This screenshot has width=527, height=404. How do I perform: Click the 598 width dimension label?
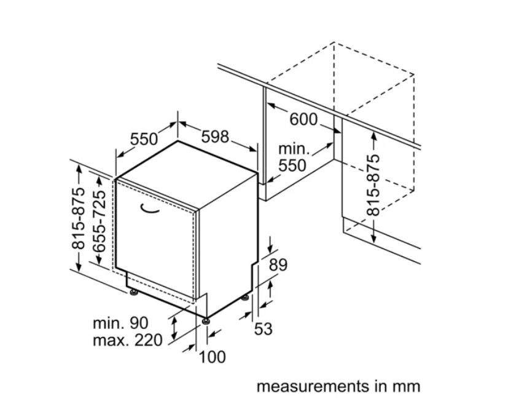coord(215,137)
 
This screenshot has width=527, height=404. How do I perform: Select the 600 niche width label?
coord(303,119)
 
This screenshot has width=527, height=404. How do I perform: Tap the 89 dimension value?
coord(278,265)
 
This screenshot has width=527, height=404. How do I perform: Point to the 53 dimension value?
coord(263,328)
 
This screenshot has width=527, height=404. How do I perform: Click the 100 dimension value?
coord(213,357)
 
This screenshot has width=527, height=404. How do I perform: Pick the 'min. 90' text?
coord(120,323)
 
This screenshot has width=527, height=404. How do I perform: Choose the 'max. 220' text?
coord(128,341)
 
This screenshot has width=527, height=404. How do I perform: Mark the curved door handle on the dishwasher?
coord(150,209)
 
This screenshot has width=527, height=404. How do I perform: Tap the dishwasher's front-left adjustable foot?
coord(134,292)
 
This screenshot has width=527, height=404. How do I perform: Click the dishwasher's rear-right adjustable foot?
coord(245,298)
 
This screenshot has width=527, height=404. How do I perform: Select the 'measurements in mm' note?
coord(338,386)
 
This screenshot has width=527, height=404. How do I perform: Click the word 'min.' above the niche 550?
coord(294,149)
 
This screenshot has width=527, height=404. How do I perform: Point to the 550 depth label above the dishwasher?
coord(144,139)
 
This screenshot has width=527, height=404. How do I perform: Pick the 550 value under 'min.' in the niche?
coord(292,165)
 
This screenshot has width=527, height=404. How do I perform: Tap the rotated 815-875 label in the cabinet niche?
coord(373,185)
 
